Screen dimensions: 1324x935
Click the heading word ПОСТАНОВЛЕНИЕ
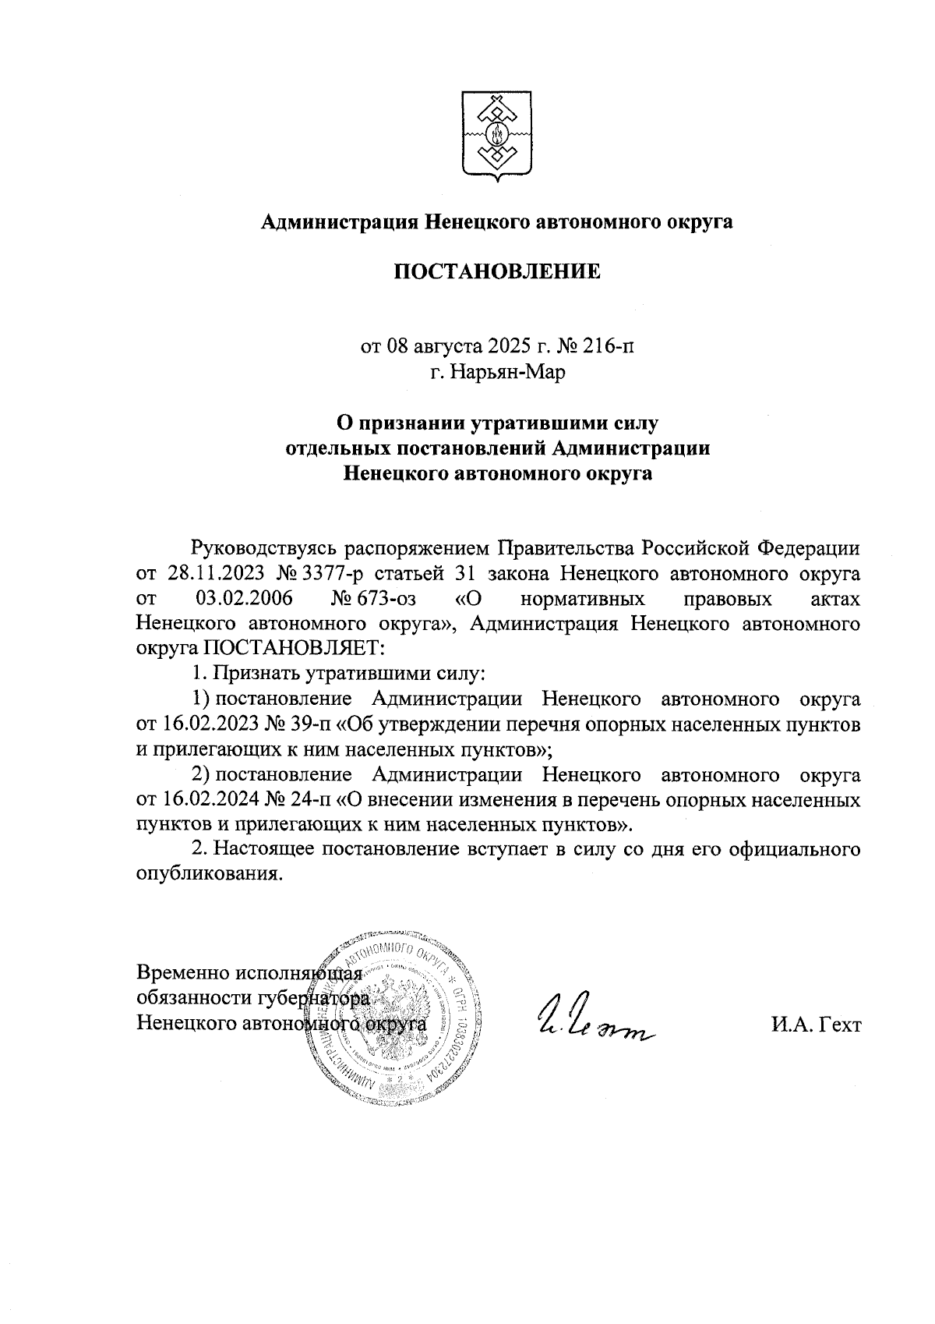[497, 271]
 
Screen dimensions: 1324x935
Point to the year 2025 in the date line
[501, 345]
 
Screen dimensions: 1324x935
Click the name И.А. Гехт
[816, 1025]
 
